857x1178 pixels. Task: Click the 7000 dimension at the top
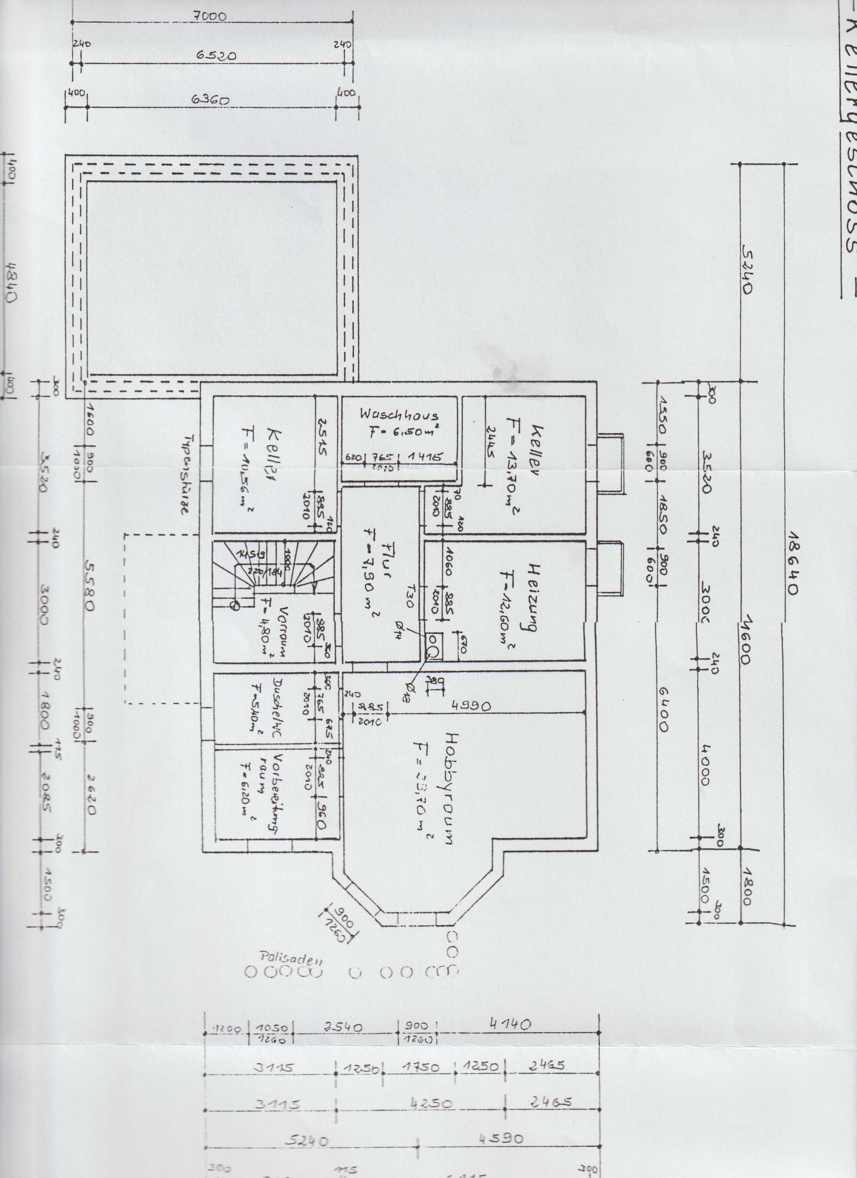(x=213, y=17)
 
